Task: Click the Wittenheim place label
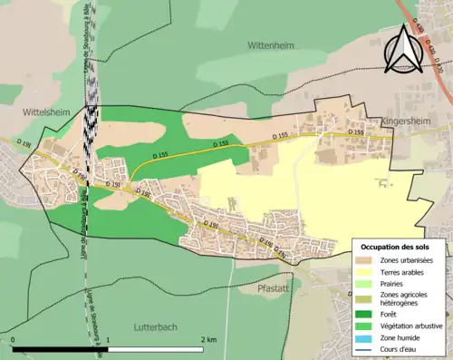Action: [x=270, y=44]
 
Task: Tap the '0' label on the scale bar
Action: [x=14, y=339]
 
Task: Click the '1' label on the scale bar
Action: [x=109, y=339]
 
